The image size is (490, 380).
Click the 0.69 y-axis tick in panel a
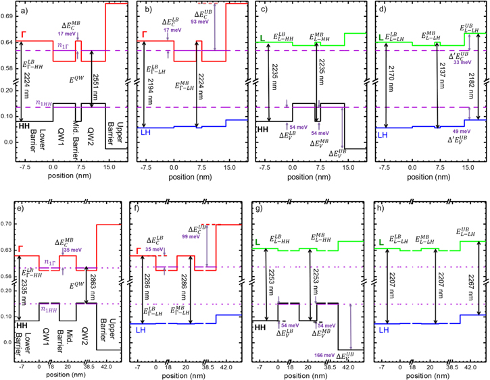[x=8, y=15]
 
